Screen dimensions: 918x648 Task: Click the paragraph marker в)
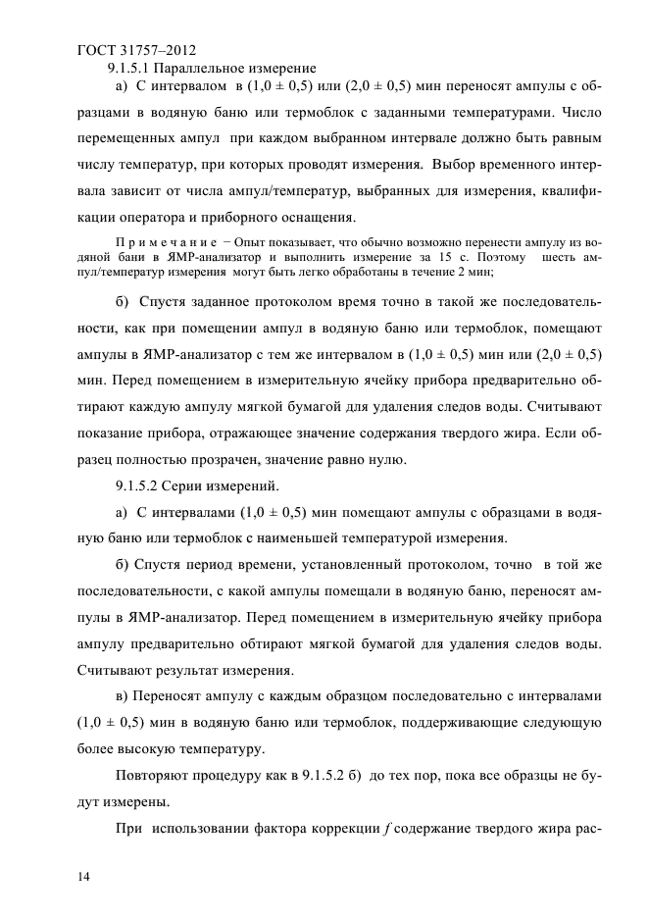124,695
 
